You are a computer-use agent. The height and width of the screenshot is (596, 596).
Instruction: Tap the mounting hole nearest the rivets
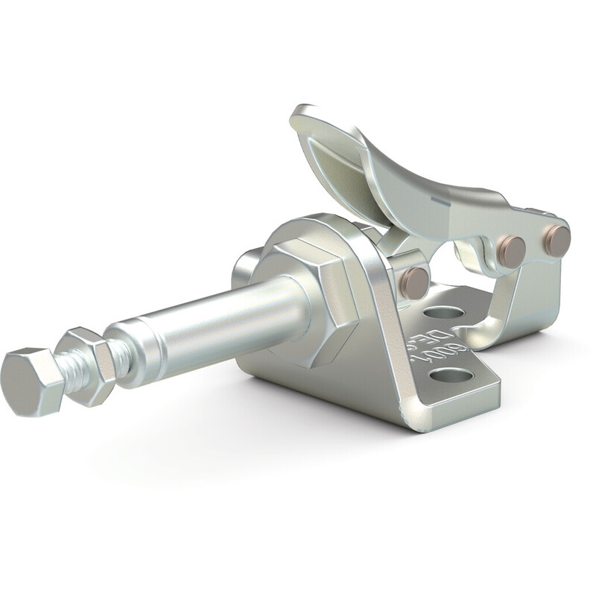point(445,312)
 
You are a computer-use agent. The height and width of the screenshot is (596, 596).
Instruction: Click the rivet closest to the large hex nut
point(415,283)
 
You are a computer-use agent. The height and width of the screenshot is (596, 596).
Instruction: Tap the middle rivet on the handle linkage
point(511,250)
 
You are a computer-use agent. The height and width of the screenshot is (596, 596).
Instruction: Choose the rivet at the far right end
point(556,240)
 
